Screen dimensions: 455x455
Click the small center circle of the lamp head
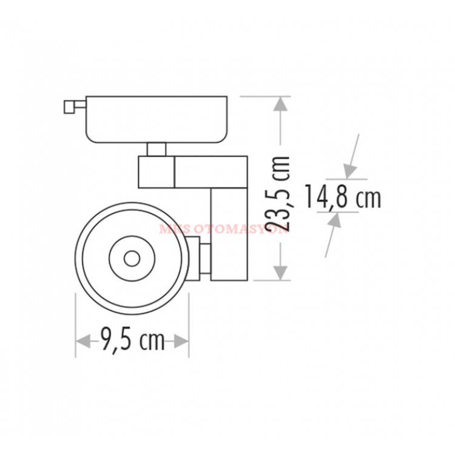[131, 259]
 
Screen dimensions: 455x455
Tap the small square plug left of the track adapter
[69, 107]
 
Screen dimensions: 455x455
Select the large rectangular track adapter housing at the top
[157, 119]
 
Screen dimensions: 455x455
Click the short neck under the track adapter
[156, 149]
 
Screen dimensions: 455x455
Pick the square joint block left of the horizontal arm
[156, 171]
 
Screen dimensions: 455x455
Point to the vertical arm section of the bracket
[229, 234]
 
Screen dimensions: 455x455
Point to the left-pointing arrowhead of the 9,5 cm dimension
[85, 342]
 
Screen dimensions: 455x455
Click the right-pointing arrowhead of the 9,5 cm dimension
[180, 342]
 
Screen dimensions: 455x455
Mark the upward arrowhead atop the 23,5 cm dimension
[280, 106]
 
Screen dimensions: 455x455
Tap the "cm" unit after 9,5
[152, 342]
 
